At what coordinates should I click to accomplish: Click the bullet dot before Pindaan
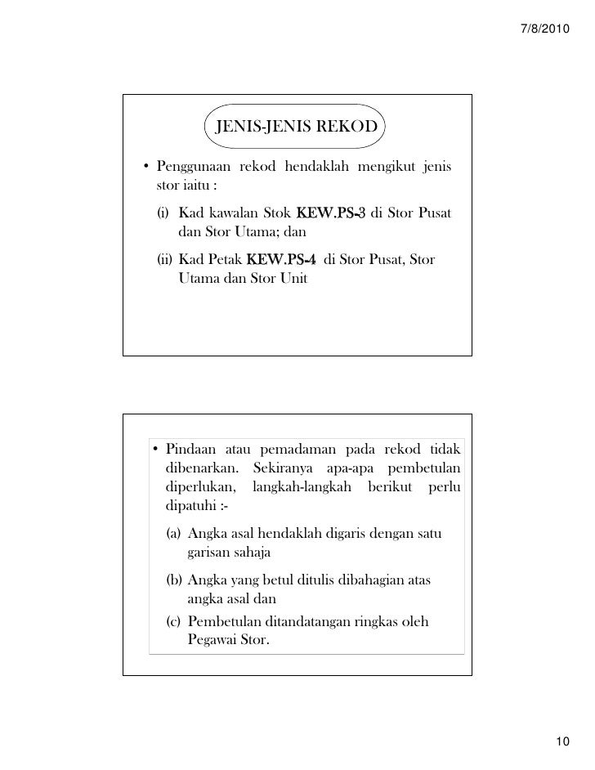[x=155, y=449]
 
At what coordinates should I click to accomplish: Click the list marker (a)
[x=173, y=534]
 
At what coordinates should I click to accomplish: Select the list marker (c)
[x=173, y=621]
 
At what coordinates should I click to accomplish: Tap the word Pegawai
[x=214, y=640]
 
